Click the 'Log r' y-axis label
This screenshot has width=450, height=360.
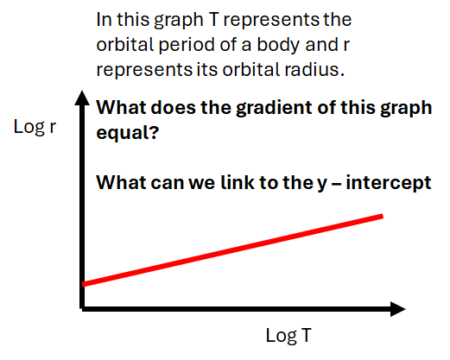(35, 127)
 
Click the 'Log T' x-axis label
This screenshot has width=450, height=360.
(290, 336)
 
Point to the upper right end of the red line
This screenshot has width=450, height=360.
(381, 215)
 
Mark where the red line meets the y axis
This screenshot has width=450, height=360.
(83, 282)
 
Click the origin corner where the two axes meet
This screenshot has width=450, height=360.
(82, 306)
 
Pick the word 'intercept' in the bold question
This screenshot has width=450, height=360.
(394, 183)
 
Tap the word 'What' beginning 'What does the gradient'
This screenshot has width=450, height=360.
(118, 110)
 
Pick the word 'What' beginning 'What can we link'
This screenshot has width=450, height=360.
(118, 183)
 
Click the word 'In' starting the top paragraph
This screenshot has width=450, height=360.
(104, 18)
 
